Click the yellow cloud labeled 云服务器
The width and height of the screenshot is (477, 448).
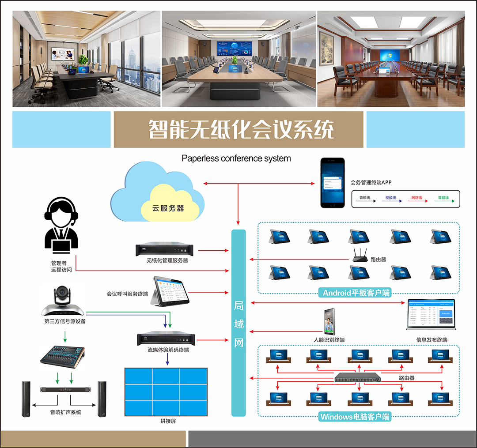tap(169, 204)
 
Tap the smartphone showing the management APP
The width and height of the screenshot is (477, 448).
tap(333, 183)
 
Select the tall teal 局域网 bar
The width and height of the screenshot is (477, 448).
tap(238, 323)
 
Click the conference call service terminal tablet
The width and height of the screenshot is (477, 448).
tap(171, 292)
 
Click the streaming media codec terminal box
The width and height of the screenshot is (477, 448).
tap(166, 339)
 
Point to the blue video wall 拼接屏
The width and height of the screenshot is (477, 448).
tap(166, 391)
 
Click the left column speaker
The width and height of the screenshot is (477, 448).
tap(26, 399)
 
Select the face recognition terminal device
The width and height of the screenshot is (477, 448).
tap(329, 321)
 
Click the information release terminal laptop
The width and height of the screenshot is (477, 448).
tap(431, 314)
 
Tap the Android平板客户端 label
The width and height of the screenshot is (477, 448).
tap(356, 293)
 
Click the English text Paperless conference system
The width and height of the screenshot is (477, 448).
tap(236, 158)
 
